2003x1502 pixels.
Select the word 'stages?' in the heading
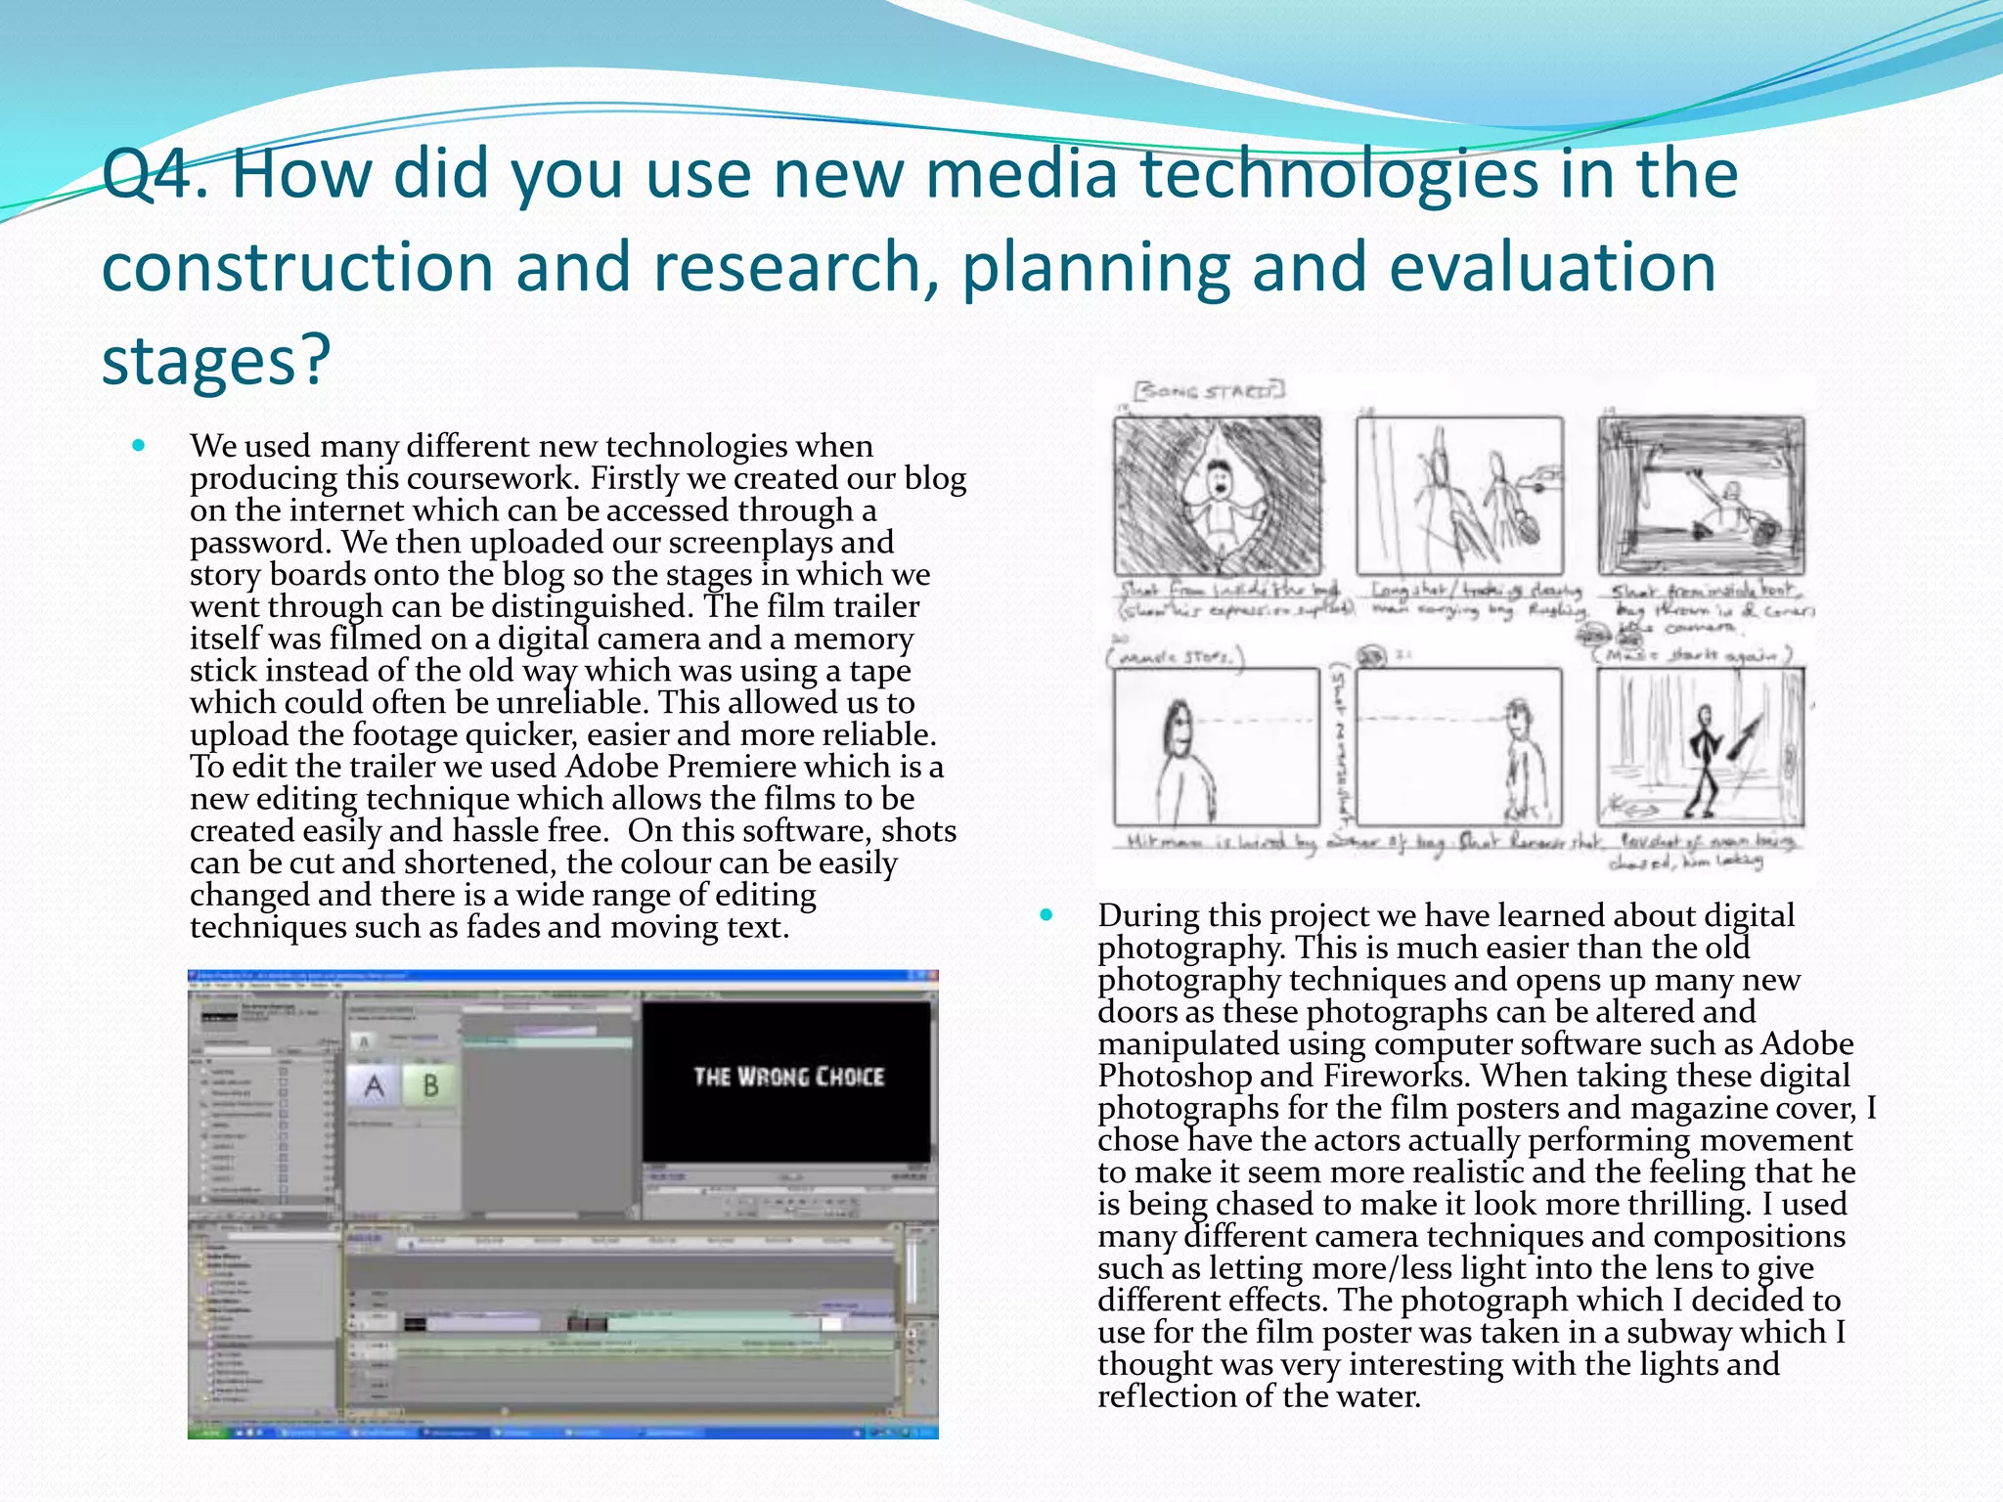point(216,360)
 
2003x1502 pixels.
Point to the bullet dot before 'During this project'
point(1046,915)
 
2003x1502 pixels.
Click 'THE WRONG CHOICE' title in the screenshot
point(788,1077)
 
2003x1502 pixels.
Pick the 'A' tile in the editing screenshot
point(374,1085)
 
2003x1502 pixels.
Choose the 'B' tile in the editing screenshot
point(430,1085)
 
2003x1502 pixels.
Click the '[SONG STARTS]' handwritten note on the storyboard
point(1210,392)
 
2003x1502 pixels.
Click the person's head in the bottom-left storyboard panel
point(1177,724)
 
